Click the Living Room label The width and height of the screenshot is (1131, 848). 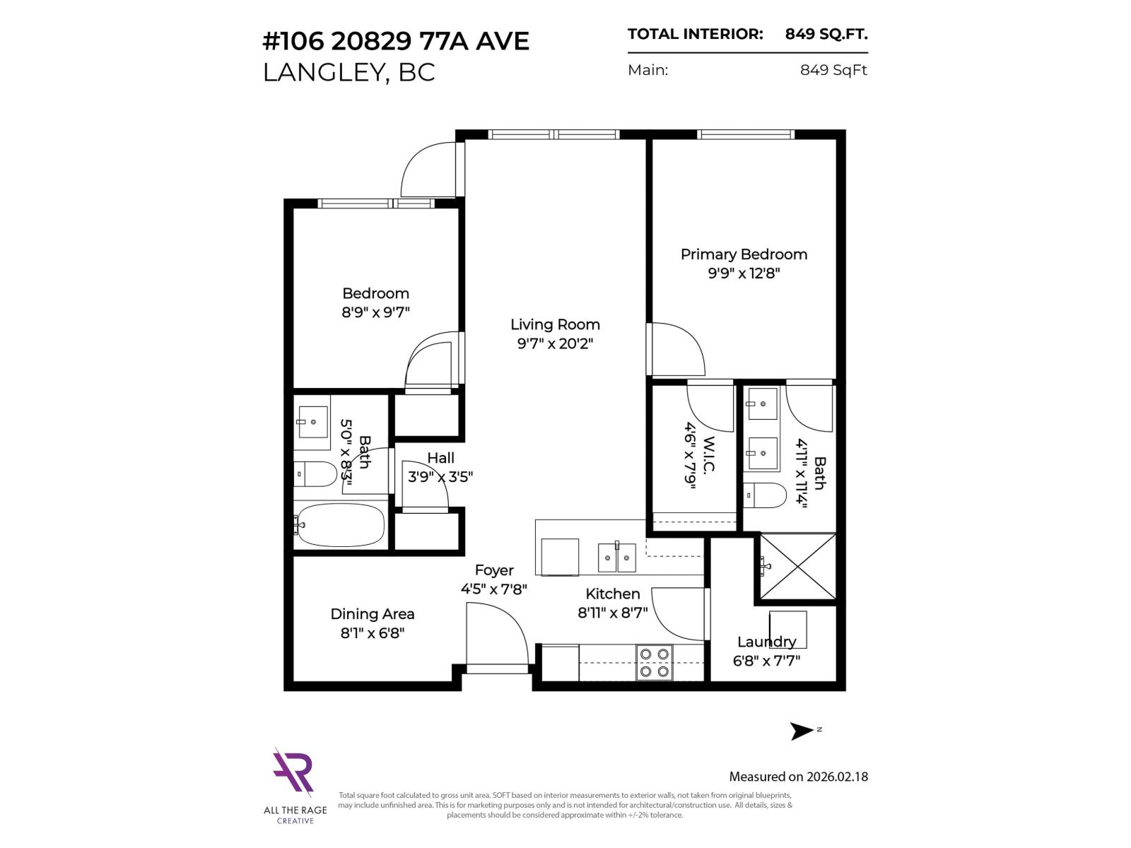tap(555, 324)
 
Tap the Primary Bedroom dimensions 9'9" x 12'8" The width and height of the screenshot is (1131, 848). tap(744, 273)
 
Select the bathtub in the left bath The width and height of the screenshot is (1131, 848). tap(339, 525)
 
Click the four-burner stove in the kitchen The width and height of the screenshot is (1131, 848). tap(654, 663)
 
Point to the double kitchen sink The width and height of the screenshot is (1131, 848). tap(617, 557)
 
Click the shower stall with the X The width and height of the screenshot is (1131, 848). tap(797, 567)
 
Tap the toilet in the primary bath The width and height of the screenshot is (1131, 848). tap(765, 495)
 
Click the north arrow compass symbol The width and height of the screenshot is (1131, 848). tap(802, 731)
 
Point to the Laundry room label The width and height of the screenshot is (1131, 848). tap(766, 642)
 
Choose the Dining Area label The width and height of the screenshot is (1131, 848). tap(373, 614)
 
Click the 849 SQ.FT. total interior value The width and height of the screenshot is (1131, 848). tap(826, 34)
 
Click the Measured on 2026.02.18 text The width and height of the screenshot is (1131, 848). tap(798, 777)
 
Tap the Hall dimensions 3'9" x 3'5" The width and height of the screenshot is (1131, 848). tap(440, 477)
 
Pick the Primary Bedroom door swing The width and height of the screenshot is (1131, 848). tap(677, 350)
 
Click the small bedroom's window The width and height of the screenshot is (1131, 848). tap(376, 204)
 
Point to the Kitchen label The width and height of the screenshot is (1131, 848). tap(612, 594)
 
